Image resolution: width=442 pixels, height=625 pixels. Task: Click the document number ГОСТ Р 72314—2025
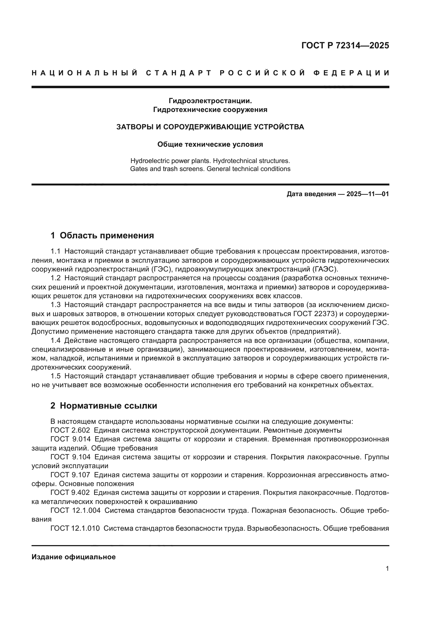tap(345, 45)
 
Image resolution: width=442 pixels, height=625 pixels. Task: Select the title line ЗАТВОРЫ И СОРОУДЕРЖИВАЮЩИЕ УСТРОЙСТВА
tap(210, 127)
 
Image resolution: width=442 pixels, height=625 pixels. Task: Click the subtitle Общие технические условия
tap(210, 144)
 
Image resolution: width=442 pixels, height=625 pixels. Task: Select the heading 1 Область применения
tap(102, 235)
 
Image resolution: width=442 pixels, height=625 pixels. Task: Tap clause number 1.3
tap(55, 305)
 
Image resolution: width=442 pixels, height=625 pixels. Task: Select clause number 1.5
tap(55, 376)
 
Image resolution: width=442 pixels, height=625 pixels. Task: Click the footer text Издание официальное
tap(73, 557)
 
